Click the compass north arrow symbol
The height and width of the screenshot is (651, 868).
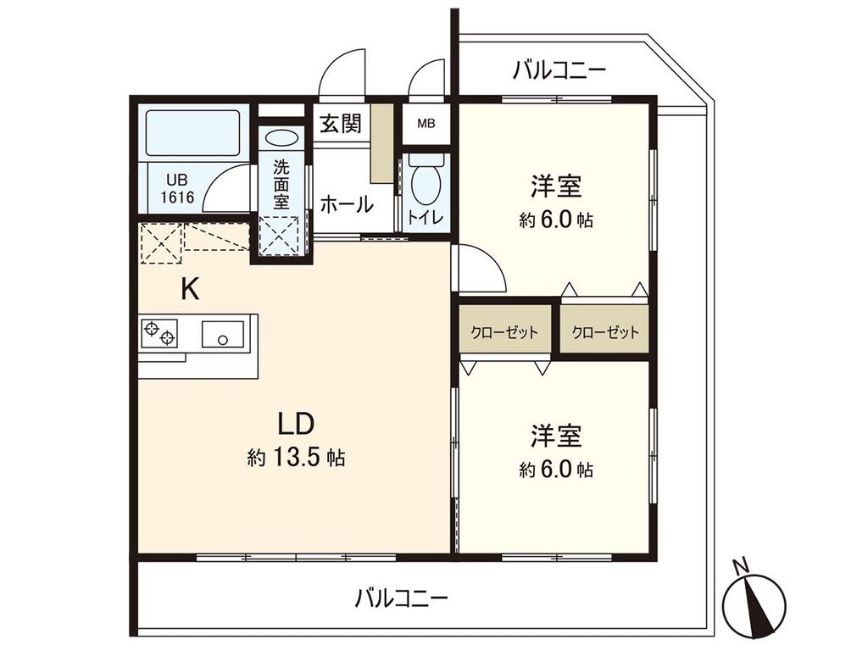pos(751,598)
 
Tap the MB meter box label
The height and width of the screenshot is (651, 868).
pos(426,123)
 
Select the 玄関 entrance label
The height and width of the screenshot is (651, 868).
pos(341,123)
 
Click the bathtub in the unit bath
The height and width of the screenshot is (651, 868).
pos(193,132)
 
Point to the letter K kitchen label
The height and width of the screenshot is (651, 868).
pos(190,290)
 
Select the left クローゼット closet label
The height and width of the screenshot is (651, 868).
pos(504,332)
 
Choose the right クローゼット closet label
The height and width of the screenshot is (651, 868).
pos(604,332)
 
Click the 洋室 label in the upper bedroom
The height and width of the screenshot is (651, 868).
pos(556,184)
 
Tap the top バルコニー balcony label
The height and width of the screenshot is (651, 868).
pos(559,70)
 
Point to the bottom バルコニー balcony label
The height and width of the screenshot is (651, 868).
pos(401,598)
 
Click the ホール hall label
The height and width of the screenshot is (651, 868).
pos(347,204)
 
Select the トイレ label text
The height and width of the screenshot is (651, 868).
pos(424,217)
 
